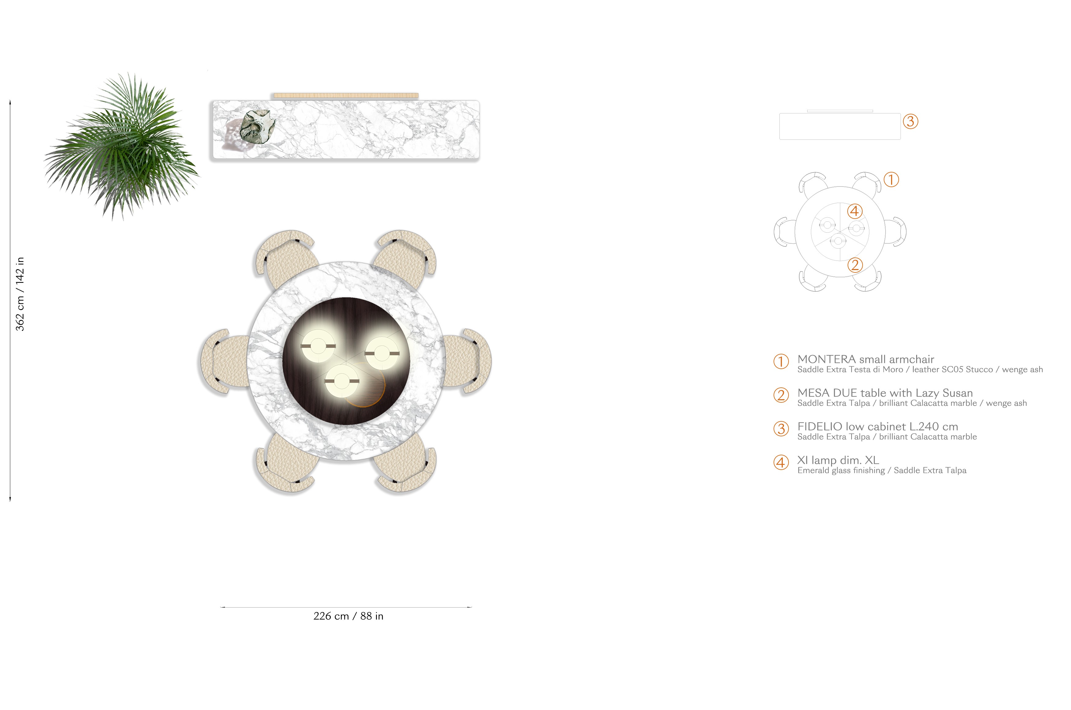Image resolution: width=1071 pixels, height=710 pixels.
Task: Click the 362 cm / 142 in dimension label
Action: tap(20, 294)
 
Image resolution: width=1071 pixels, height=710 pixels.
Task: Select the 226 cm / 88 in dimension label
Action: tap(349, 616)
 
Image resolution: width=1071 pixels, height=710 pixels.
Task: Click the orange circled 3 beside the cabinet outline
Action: tap(910, 121)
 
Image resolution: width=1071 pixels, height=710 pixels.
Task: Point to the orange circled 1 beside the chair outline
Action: tap(891, 180)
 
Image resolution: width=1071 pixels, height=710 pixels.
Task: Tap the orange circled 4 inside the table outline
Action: tap(854, 211)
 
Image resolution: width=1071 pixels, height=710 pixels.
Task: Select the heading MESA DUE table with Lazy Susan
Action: tap(885, 393)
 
